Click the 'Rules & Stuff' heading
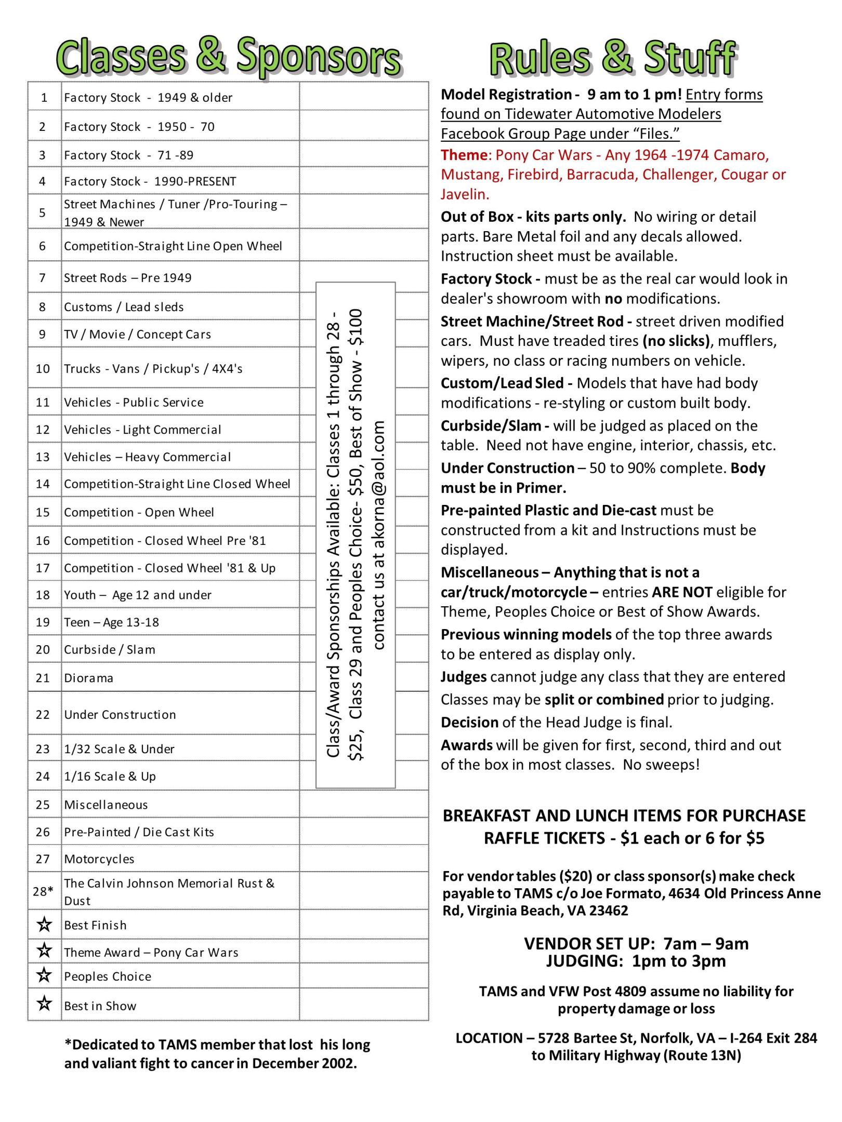tap(612, 58)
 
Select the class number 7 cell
tap(43, 278)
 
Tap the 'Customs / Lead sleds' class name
tap(124, 307)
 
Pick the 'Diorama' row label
tap(88, 678)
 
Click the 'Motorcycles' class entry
tap(99, 859)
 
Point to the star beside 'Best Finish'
tap(45, 925)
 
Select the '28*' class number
tap(43, 891)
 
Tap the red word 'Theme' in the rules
tap(464, 155)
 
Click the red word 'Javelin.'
tap(465, 194)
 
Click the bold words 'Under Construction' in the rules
tap(507, 468)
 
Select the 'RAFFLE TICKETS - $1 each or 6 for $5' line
tap(624, 838)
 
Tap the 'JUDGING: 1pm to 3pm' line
tap(636, 961)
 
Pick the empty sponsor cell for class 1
tap(363, 97)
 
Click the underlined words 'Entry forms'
tap(724, 95)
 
